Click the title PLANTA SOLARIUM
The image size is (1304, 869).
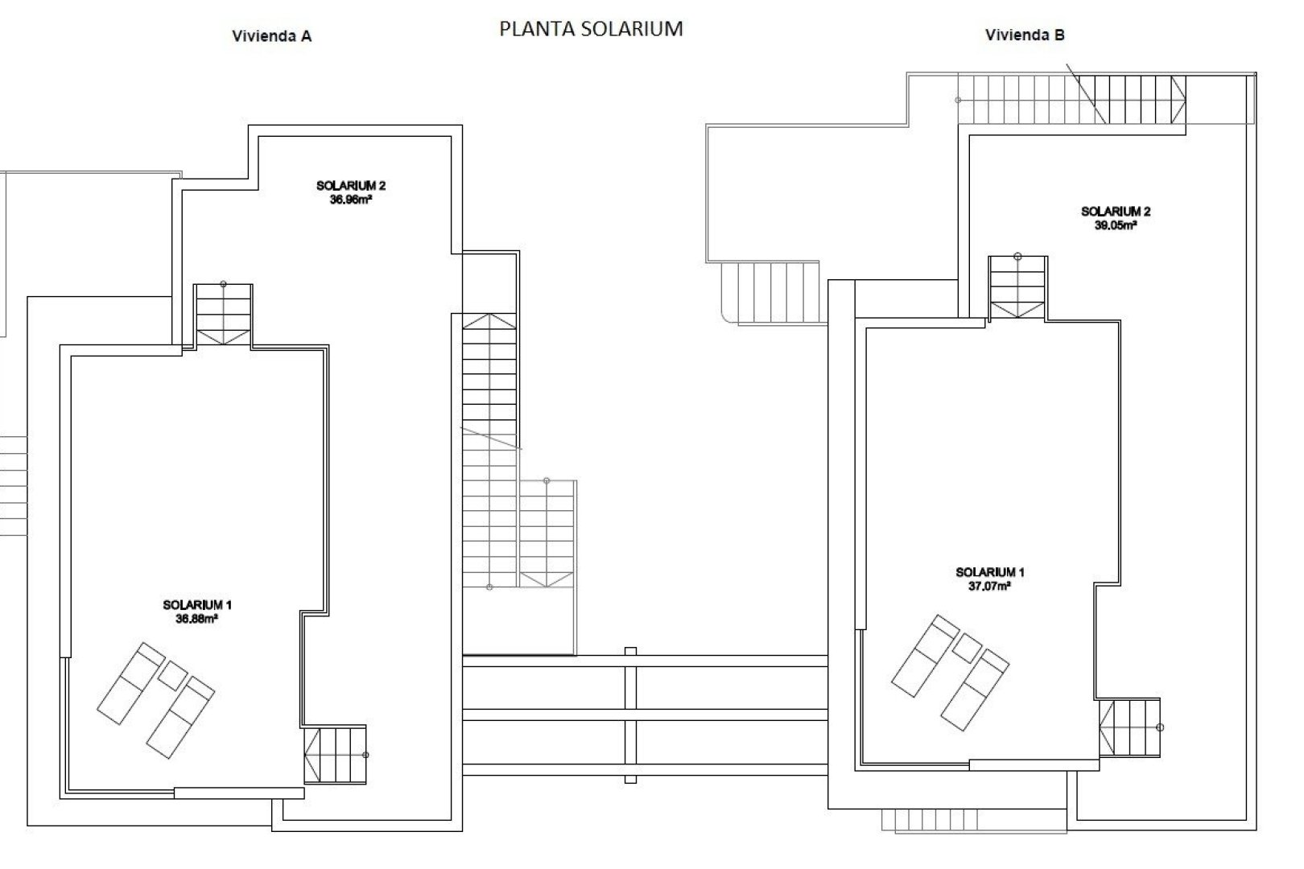pos(591,29)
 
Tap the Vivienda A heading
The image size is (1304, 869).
pos(271,36)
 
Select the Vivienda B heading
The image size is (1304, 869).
pos(1025,35)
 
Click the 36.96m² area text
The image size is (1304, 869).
pos(350,200)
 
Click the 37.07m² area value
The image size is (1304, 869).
pos(989,587)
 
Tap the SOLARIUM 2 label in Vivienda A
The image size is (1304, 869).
pos(350,186)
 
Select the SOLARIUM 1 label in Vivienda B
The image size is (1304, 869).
pos(989,573)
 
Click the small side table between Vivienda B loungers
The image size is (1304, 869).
pos(966,648)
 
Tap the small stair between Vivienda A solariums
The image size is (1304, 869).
pos(223,316)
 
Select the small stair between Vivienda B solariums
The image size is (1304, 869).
pos(1017,287)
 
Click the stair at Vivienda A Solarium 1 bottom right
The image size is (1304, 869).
pos(335,755)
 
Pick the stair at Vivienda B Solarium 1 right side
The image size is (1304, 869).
pos(1130,727)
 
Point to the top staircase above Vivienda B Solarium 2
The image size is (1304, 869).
pos(1071,99)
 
